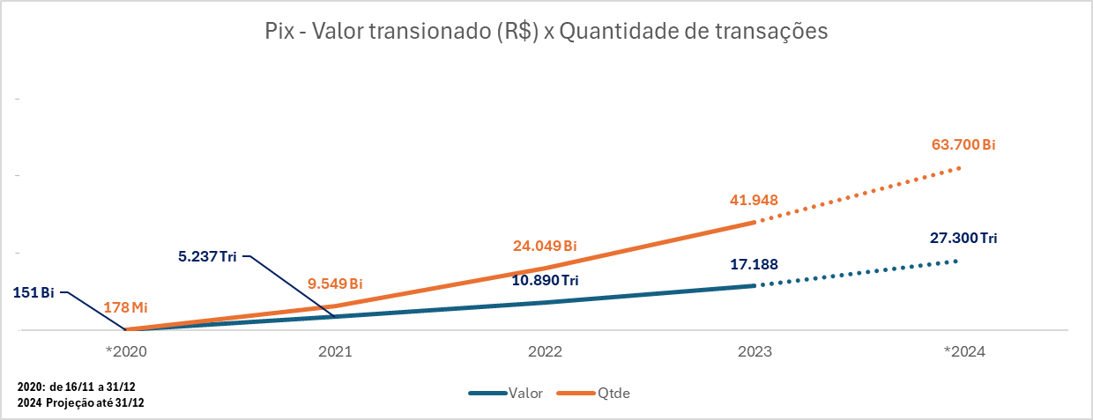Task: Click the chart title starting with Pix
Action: point(546,32)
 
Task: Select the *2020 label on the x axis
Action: point(127,350)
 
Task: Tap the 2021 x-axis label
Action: point(336,350)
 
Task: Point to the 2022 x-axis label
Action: point(546,350)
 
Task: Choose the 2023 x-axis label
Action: point(755,350)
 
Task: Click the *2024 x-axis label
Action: point(964,350)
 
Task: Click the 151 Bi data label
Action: point(33,292)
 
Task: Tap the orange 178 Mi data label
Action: point(125,307)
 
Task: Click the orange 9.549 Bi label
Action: point(335,284)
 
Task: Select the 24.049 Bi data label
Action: point(545,246)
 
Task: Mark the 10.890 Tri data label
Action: point(545,280)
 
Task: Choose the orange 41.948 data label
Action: point(754,200)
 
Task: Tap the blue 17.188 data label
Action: point(754,264)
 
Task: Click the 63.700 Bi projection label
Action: point(963,145)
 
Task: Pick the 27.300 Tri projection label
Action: point(963,239)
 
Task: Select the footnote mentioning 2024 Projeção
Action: point(79,402)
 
